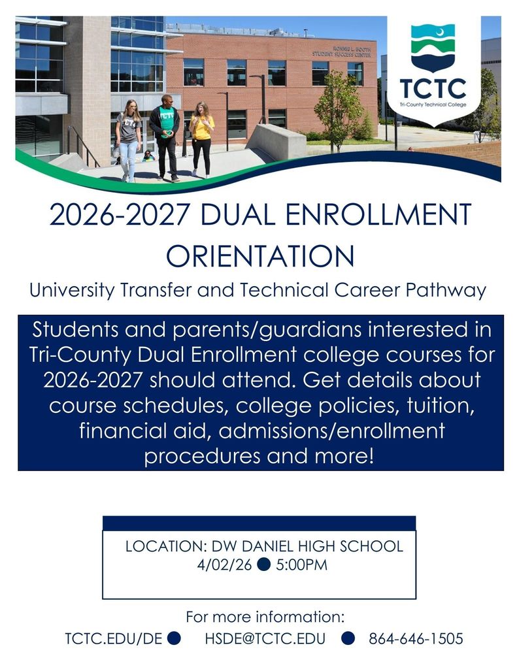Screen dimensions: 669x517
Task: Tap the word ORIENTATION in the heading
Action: [x=259, y=255]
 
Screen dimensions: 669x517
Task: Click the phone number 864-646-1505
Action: [x=416, y=638]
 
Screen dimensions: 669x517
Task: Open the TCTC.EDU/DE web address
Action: [x=113, y=638]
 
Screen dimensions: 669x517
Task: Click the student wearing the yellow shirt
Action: [x=201, y=137]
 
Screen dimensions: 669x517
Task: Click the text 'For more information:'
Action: [x=265, y=617]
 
